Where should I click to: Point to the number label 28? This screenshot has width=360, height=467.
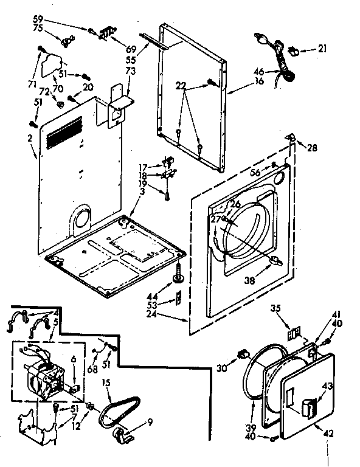pos(312,148)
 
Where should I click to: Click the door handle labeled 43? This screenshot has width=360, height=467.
pos(308,406)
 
